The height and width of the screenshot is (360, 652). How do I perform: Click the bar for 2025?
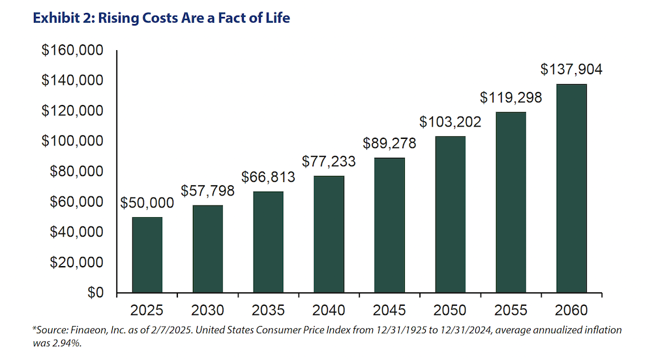click(147, 255)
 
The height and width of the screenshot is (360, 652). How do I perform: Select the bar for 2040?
click(329, 235)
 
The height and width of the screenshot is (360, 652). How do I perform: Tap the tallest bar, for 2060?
click(571, 188)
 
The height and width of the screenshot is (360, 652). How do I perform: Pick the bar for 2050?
click(450, 215)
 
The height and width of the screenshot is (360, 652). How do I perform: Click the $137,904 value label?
click(571, 70)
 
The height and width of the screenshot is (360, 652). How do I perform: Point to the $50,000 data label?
click(147, 203)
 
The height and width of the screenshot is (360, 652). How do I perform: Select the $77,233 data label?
click(329, 161)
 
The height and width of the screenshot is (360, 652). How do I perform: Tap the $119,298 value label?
click(511, 98)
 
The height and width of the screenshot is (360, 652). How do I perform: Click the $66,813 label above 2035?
click(268, 177)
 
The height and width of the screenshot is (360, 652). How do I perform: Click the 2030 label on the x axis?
click(207, 310)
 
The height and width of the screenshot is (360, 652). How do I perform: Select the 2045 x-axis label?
click(389, 310)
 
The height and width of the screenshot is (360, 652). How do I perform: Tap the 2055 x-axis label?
click(511, 310)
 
